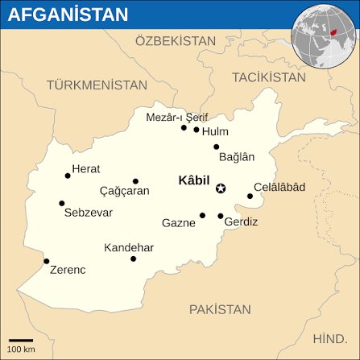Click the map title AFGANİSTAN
[x=68, y=14]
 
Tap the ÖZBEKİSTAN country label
[x=176, y=40]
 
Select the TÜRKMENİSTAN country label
[x=97, y=85]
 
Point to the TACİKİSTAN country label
[x=269, y=77]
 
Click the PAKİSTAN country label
[x=220, y=309]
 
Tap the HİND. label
[x=329, y=338]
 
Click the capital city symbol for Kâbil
[x=221, y=188]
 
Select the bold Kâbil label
[x=194, y=180]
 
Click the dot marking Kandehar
[x=133, y=259]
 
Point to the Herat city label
[x=86, y=168]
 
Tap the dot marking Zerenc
[x=47, y=260]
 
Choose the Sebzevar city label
[x=88, y=213]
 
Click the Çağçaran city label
[x=124, y=192]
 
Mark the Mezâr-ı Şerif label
[x=177, y=117]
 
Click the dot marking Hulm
[x=197, y=129]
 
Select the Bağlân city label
[x=237, y=157]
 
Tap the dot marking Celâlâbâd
[x=250, y=196]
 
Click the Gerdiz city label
[x=242, y=221]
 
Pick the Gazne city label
[x=178, y=222]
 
